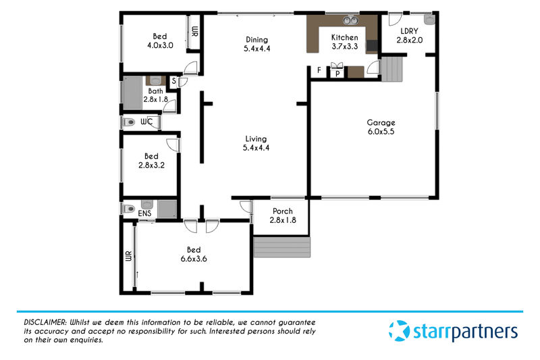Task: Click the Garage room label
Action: point(381,127)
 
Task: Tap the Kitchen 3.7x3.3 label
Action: point(345,42)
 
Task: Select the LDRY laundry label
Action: point(410,36)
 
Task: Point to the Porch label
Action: point(283,215)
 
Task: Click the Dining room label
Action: point(257,44)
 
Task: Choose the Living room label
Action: point(256,143)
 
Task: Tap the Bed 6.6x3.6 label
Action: point(194,254)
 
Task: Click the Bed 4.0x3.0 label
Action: point(160,41)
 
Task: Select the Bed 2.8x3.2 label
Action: point(151,161)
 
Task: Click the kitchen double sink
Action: point(350,20)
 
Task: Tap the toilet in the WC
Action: point(129,122)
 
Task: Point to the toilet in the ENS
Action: point(129,209)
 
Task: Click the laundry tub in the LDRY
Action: point(429,20)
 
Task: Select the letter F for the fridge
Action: point(319,70)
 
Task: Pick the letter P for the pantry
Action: point(337,74)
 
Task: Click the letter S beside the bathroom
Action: point(174,81)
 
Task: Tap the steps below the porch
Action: point(282,247)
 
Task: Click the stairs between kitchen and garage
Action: point(392,70)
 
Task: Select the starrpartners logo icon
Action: point(399,331)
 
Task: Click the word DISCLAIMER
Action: point(45,322)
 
